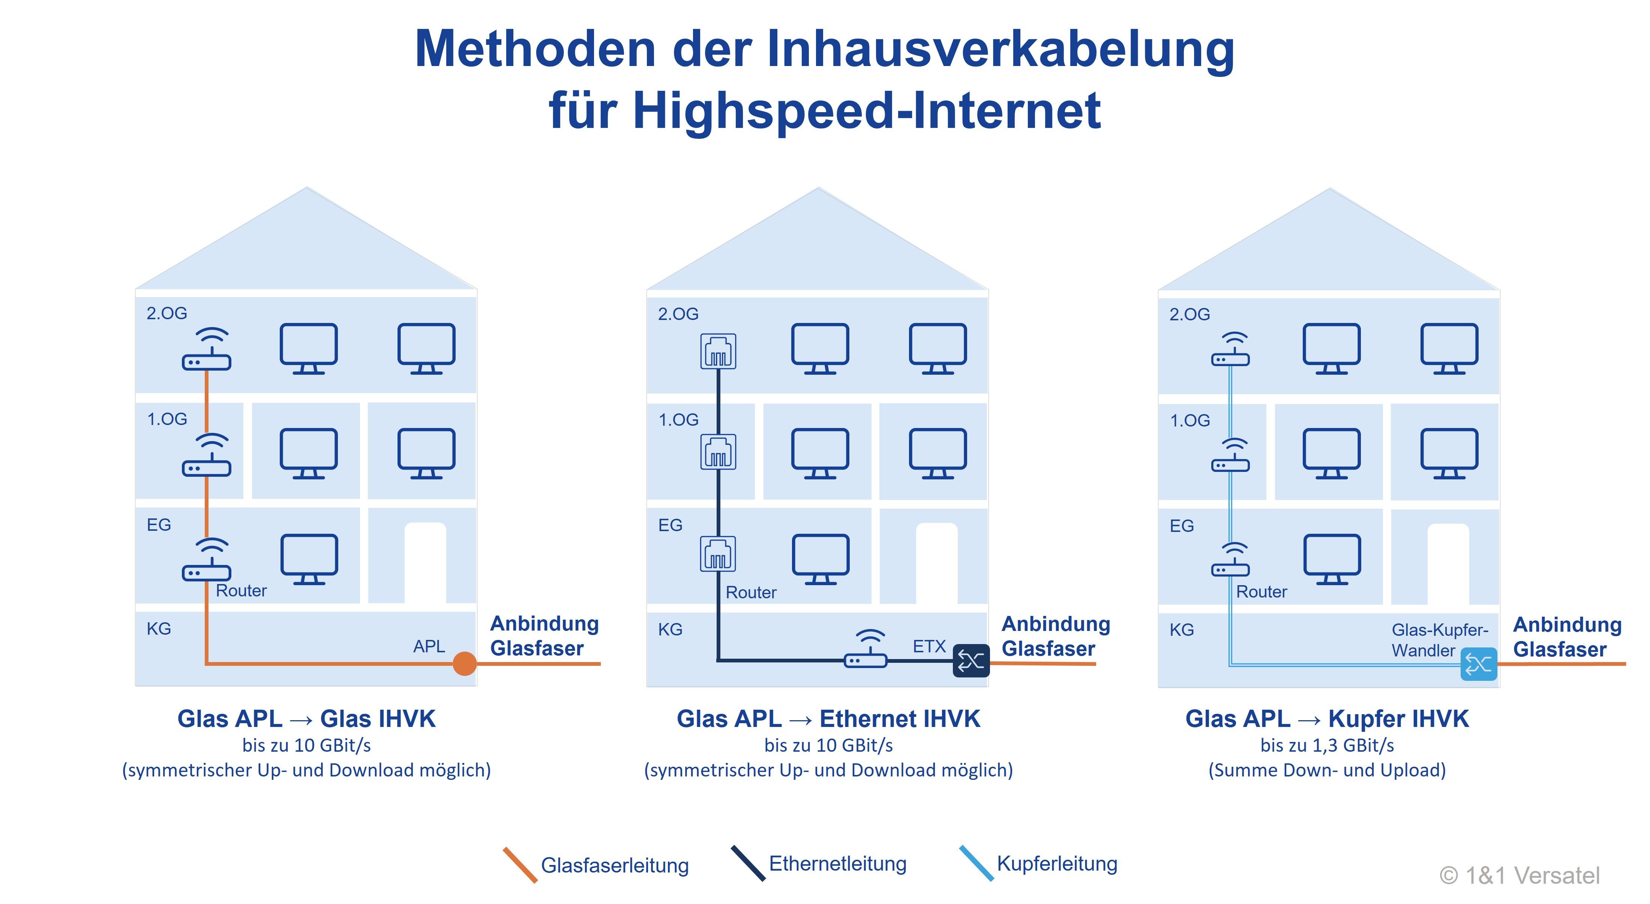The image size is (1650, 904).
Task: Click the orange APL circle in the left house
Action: [464, 663]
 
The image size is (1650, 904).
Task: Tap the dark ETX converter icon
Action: [971, 661]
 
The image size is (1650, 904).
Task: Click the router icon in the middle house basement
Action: [865, 650]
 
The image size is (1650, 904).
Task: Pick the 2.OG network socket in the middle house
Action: [718, 351]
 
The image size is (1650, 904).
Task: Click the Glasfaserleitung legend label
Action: [614, 865]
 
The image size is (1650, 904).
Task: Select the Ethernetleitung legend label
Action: [837, 863]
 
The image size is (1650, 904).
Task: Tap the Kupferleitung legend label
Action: [1057, 863]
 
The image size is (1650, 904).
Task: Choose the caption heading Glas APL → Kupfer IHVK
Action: [1326, 719]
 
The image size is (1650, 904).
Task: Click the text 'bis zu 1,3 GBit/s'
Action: [1326, 745]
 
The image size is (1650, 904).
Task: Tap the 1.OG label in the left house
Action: [167, 419]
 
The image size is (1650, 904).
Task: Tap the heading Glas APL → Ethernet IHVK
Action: [828, 719]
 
